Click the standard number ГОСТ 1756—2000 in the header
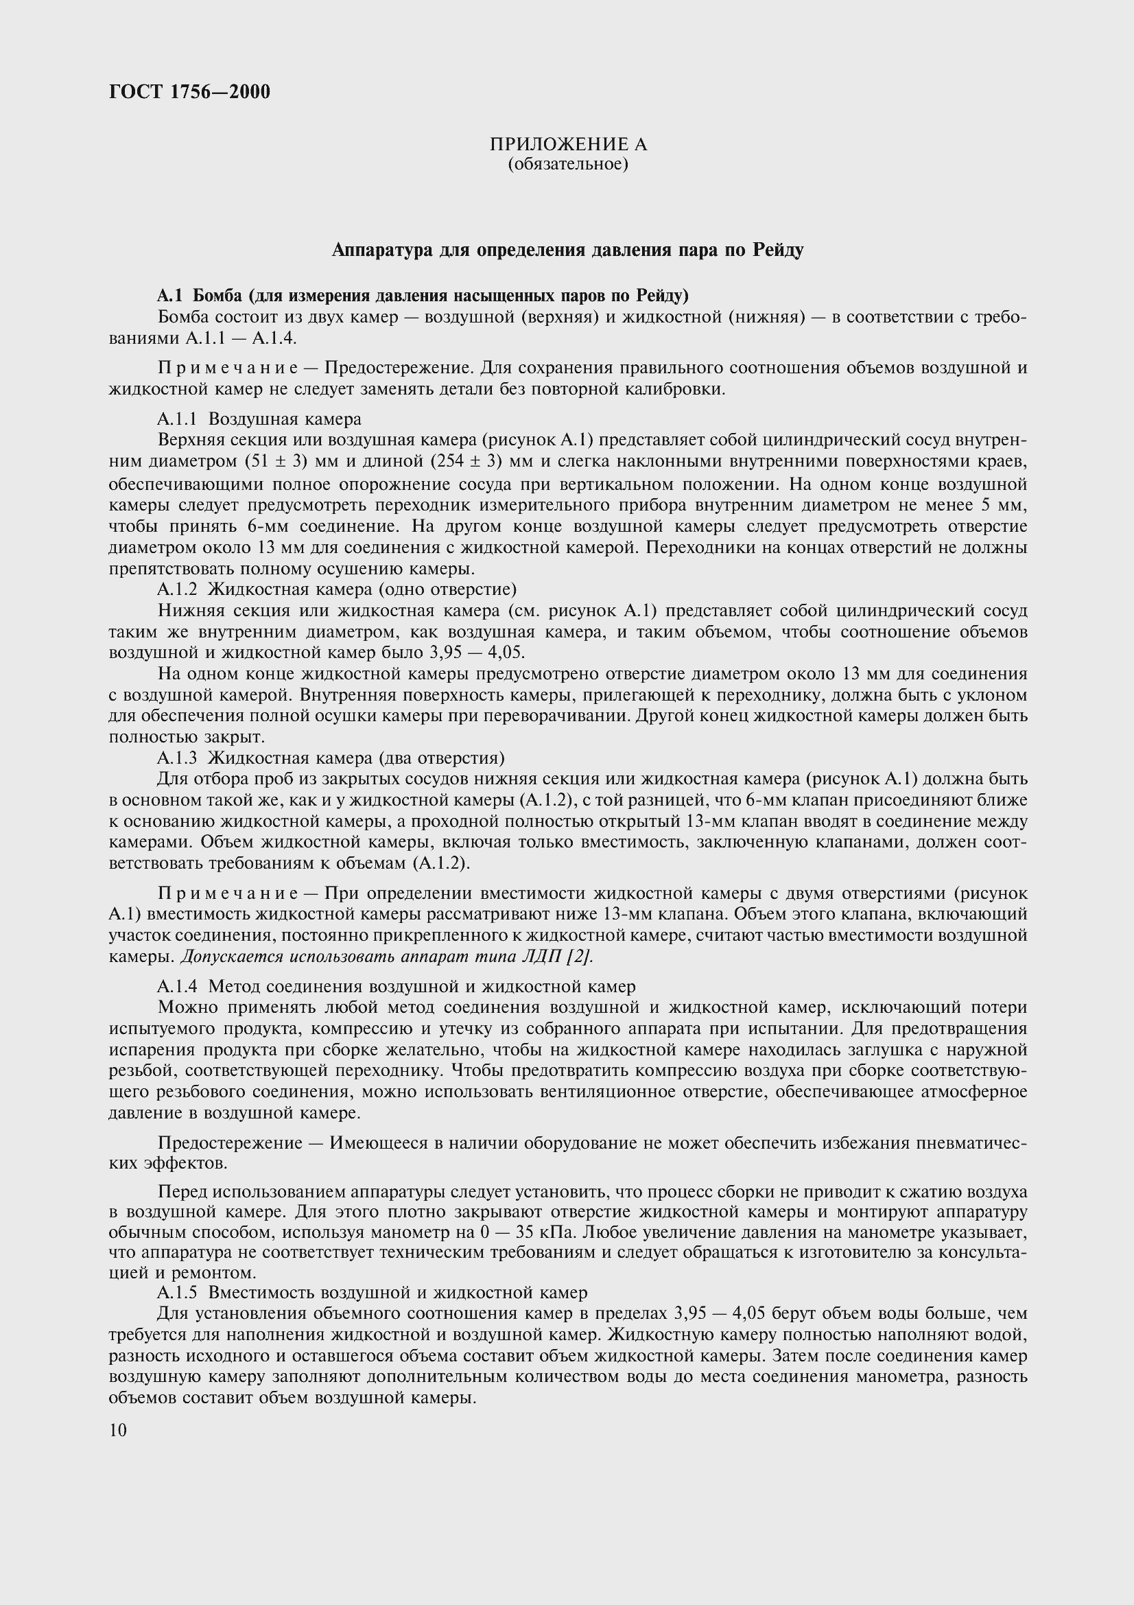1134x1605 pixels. click(x=189, y=91)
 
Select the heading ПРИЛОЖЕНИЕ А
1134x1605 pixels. click(x=567, y=144)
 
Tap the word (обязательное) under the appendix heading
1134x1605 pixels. click(x=567, y=164)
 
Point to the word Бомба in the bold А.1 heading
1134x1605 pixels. click(x=217, y=296)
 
